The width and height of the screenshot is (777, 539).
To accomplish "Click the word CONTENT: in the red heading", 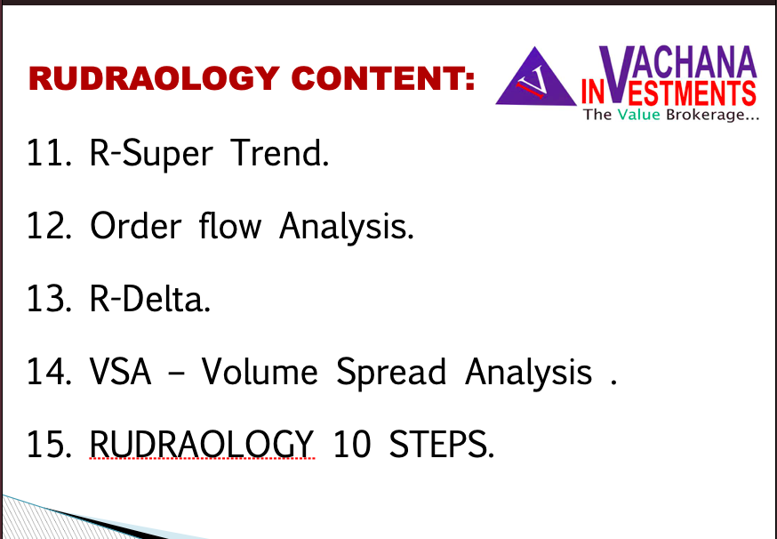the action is (x=383, y=78).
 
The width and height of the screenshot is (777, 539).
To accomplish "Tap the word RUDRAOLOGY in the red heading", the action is (x=155, y=78).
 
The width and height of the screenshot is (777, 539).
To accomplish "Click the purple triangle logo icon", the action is (x=536, y=76).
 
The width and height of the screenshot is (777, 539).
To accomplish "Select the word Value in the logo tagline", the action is (x=638, y=115).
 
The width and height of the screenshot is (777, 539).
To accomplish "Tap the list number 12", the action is (x=49, y=226).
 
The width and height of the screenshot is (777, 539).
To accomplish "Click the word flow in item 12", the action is (x=230, y=226).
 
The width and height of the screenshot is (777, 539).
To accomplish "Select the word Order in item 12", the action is (x=135, y=226).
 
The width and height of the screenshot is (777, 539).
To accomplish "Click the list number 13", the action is (x=49, y=299).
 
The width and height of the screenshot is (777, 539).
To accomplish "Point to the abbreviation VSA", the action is (x=120, y=372).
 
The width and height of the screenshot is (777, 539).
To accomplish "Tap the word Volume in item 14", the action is (x=260, y=371).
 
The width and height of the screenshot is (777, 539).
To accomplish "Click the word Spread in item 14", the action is (x=391, y=373).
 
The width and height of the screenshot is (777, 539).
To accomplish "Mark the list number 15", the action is (x=49, y=445).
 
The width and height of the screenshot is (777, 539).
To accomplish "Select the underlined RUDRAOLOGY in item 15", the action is (x=201, y=444).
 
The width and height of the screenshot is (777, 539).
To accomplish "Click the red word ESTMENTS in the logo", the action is (x=689, y=93).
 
